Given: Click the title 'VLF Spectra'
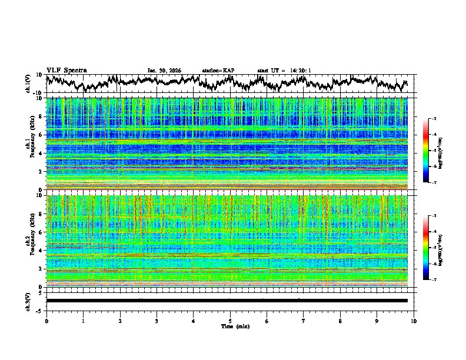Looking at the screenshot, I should tap(66, 70).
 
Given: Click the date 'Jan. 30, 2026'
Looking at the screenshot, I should tap(164, 71).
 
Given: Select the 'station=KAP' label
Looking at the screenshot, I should tap(218, 71).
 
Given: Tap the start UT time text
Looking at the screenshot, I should tap(284, 71).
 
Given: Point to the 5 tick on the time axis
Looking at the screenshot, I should tap(230, 321).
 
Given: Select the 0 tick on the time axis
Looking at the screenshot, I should tap(46, 321).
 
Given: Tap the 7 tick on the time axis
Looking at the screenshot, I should tap(304, 321).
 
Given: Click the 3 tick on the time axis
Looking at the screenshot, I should tap(157, 321).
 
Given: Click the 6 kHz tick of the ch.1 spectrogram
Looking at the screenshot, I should tap(42, 135).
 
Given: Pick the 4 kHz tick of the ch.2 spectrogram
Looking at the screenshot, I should tap(42, 250).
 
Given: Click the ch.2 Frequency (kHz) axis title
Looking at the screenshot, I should tap(29, 241).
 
